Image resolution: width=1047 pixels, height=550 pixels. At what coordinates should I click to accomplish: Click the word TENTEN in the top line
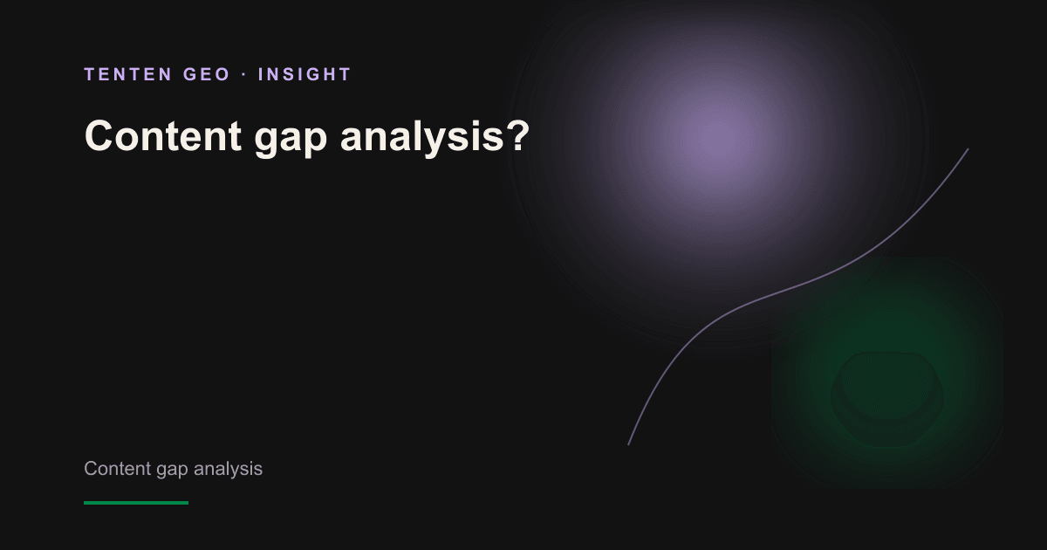pos(128,74)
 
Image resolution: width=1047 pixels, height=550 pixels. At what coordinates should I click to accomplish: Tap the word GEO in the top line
pos(207,74)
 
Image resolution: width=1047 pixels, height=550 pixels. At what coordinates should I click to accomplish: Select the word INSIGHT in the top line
pos(305,74)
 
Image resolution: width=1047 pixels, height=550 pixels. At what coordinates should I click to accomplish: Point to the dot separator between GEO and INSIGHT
pos(244,74)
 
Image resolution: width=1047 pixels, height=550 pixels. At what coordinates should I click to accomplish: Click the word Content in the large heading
pos(163,135)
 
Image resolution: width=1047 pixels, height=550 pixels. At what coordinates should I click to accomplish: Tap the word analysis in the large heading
pos(422,138)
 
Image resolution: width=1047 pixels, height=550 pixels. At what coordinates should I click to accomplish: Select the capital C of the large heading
pos(99,135)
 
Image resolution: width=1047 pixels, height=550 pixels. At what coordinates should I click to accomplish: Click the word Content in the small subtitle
pos(117,469)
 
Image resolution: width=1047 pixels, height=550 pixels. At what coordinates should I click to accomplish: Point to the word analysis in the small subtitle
pos(228,469)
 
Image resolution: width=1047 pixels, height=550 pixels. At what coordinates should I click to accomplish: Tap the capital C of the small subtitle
pos(91,469)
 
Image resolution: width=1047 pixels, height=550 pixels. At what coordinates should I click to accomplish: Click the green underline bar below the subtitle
pos(136,503)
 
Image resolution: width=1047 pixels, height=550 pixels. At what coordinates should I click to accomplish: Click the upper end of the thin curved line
pos(968,149)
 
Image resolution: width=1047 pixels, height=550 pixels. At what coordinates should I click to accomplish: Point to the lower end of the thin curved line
pos(628,444)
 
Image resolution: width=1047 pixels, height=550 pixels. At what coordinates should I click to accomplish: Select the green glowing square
pos(887,373)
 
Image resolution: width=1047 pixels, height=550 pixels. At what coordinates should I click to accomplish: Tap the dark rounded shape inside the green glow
pos(886,399)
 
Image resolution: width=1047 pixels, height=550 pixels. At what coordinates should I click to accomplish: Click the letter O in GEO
pos(222,74)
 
